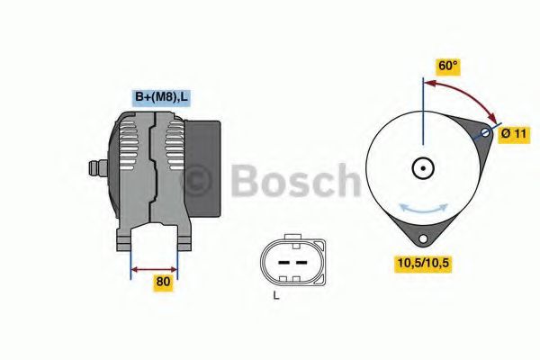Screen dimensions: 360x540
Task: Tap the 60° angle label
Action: tap(447, 66)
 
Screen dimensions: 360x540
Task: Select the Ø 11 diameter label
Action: tap(514, 133)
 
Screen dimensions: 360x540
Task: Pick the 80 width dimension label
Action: tap(163, 281)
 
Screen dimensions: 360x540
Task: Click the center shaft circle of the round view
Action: tap(422, 167)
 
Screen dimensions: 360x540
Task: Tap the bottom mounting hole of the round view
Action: tap(422, 239)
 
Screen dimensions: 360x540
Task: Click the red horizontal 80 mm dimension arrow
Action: tap(154, 267)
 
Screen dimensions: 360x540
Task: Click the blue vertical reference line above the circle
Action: tap(422, 108)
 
